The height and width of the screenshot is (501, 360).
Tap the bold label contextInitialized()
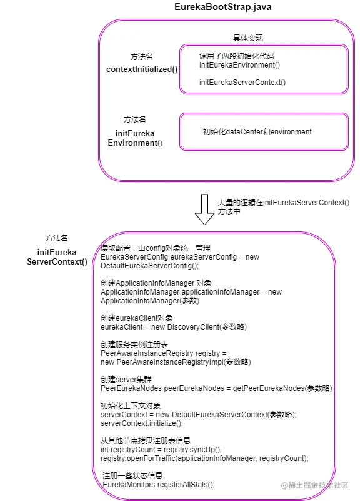(142, 69)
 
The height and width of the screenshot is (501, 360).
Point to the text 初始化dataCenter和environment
(257, 132)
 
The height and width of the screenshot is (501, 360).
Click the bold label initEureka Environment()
(135, 138)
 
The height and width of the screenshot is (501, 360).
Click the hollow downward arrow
(204, 209)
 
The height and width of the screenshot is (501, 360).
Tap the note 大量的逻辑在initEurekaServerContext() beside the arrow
(283, 202)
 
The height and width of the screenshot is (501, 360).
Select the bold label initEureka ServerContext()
(57, 257)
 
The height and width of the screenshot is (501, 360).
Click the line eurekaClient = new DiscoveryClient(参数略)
(174, 327)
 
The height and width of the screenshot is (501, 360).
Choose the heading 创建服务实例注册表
(134, 344)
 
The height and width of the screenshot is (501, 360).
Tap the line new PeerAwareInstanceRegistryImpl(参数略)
(176, 362)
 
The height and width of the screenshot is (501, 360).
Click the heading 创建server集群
(126, 380)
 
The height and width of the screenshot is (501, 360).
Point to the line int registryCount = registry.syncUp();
(161, 449)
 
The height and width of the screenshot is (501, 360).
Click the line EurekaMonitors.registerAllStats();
(158, 484)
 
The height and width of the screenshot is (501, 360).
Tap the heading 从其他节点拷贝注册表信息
(145, 440)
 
